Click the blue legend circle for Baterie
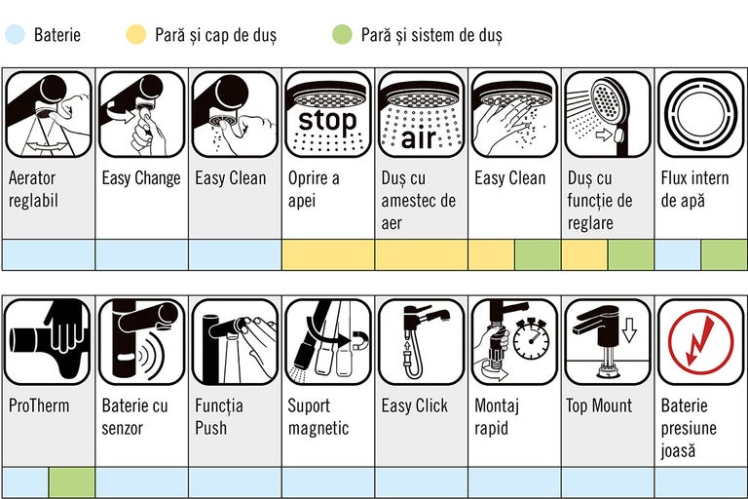point(14,36)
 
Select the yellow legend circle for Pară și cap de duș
point(135,36)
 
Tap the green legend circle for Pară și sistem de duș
point(341,36)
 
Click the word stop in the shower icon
point(327,122)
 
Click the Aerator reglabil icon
point(48,114)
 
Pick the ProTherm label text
point(39,405)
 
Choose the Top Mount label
point(599,405)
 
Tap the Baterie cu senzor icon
point(141,342)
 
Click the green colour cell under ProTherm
point(72,482)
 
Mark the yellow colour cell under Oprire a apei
point(327,255)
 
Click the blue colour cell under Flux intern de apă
point(677,255)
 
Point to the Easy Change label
point(141,178)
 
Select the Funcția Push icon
point(235,342)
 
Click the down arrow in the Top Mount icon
point(628,331)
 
